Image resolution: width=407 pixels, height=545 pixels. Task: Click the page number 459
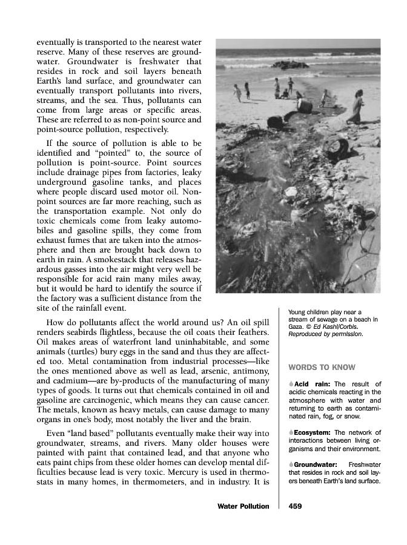pyautogui.click(x=296, y=506)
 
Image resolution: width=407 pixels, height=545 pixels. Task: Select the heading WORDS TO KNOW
pyautogui.click(x=322, y=367)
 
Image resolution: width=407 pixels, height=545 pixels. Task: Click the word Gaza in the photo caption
pyautogui.click(x=296, y=326)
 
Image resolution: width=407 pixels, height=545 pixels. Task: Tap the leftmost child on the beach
pyautogui.click(x=237, y=92)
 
